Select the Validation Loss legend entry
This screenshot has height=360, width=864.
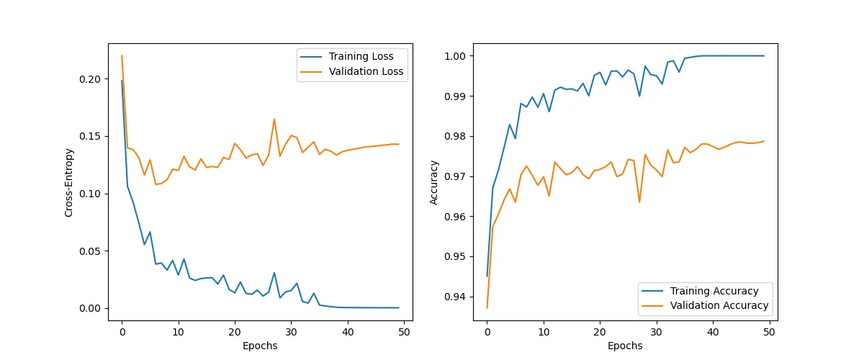tap(366, 72)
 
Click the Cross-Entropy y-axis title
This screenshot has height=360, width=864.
tap(69, 182)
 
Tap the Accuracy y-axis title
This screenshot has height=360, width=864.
tap(434, 182)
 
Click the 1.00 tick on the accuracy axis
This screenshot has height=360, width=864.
tap(462, 56)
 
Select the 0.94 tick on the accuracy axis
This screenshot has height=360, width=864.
tap(462, 297)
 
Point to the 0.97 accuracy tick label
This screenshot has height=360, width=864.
tap(462, 176)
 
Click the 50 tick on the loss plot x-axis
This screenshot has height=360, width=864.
tap(404, 332)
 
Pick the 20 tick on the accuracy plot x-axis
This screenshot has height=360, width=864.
tap(600, 332)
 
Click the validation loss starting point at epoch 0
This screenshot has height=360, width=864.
tap(122, 55)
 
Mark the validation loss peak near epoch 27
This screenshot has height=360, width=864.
tap(274, 119)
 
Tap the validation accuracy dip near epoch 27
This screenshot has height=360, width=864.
tap(639, 202)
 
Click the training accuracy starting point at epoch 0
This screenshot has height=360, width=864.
tap(487, 276)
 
